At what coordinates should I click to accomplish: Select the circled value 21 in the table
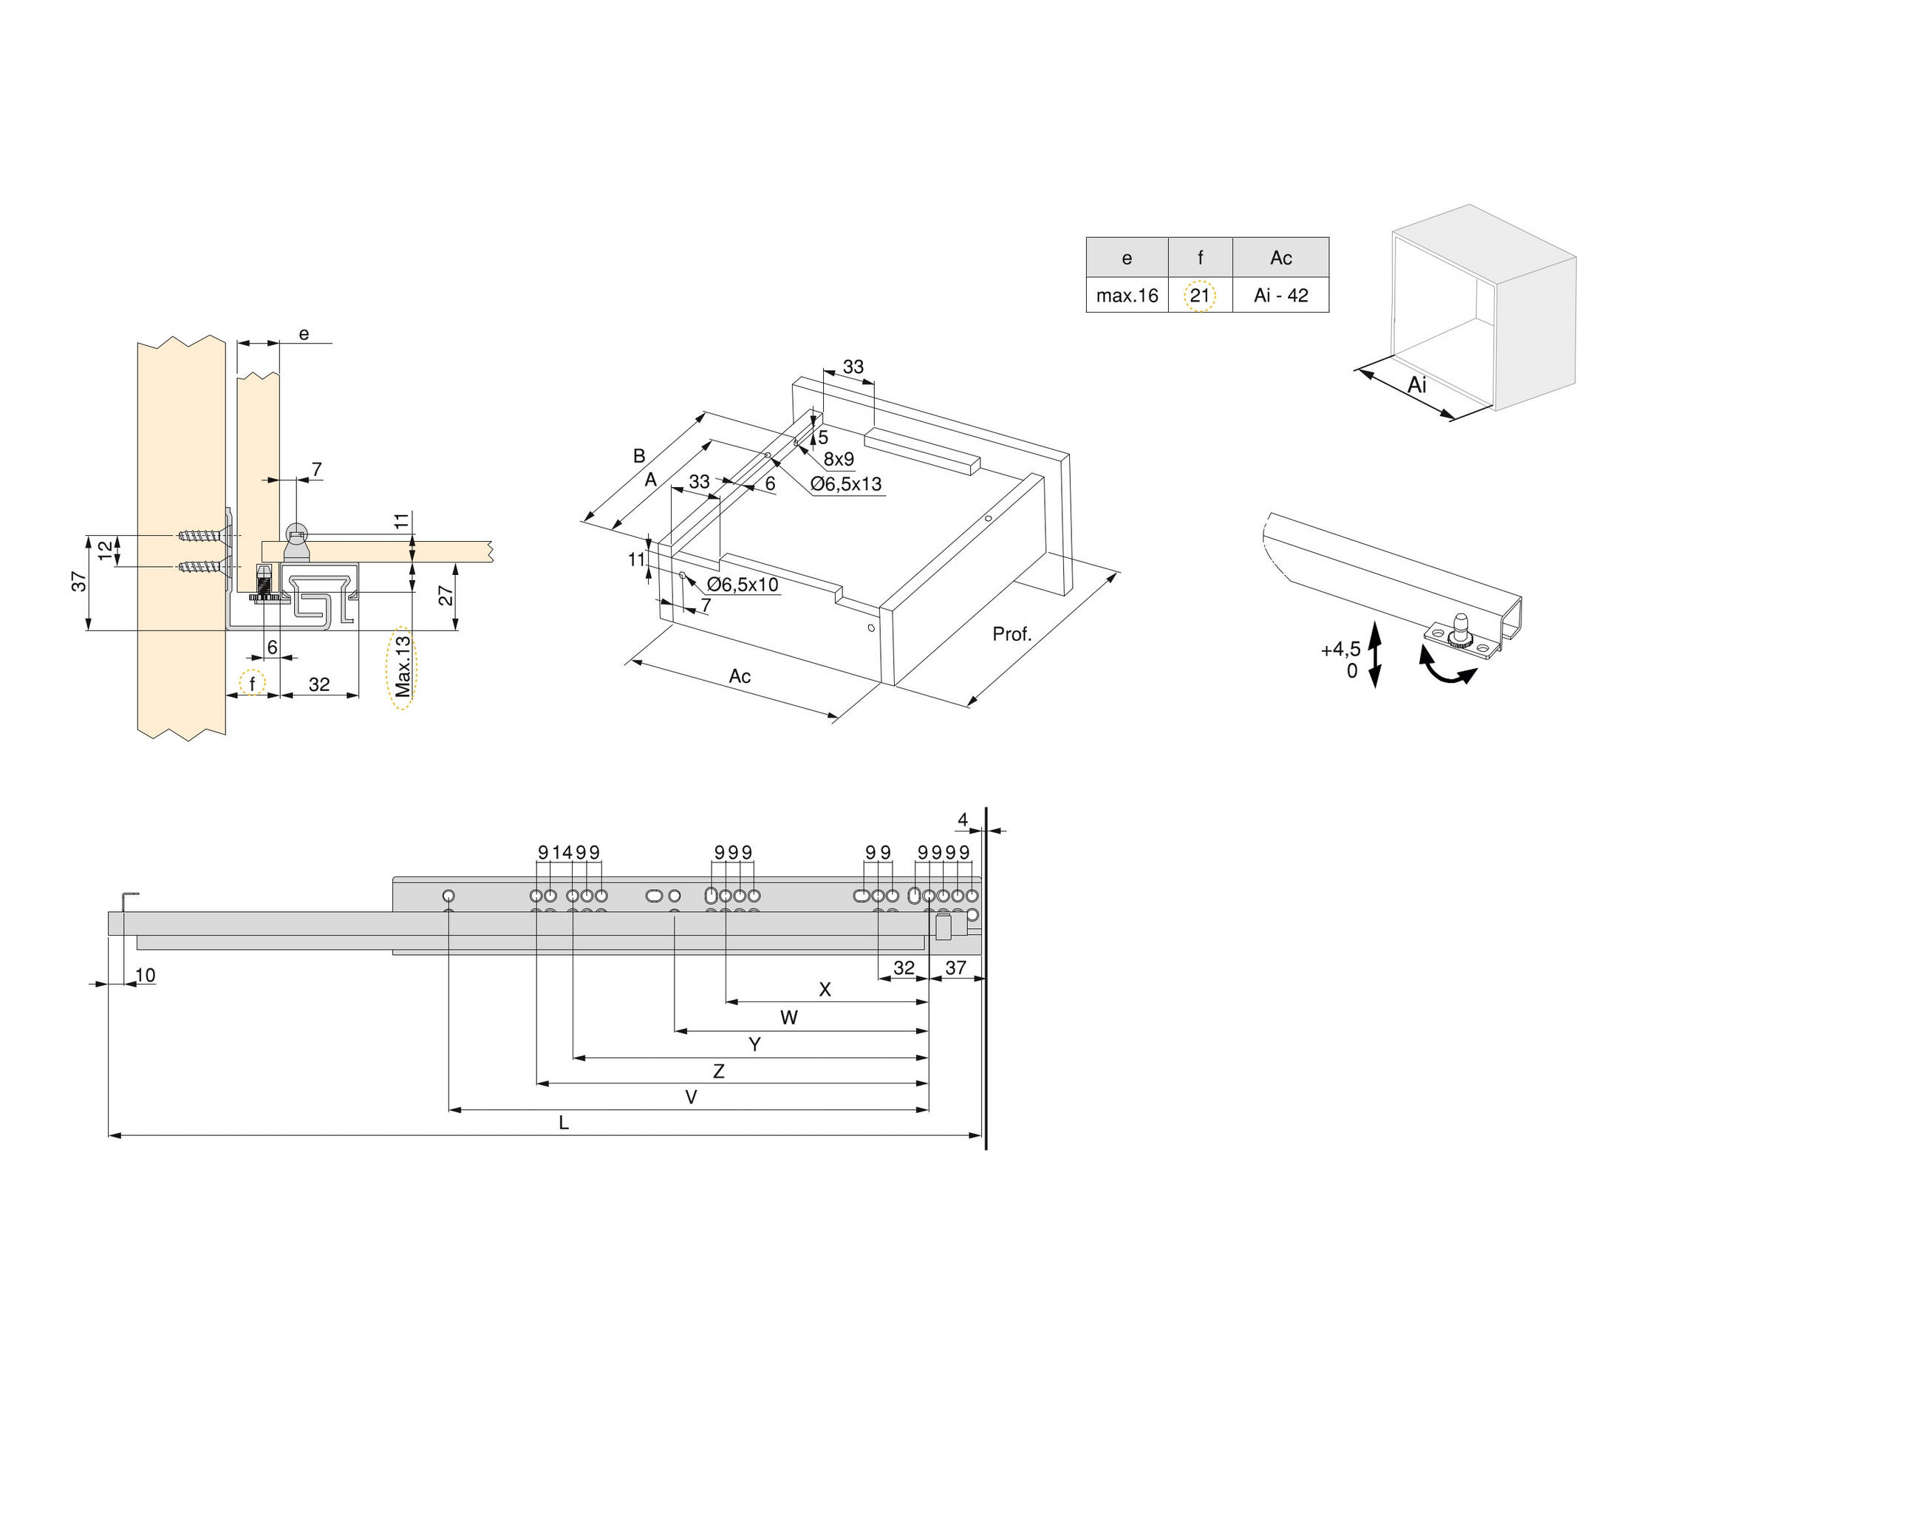pos(1199,295)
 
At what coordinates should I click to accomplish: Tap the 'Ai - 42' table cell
pos(1280,296)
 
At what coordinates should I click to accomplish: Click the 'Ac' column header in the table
pos(1280,257)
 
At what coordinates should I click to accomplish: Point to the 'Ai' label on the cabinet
pos(1416,385)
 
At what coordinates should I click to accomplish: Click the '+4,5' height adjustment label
pos(1340,649)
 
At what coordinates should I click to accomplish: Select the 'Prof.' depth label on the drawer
pos(1011,634)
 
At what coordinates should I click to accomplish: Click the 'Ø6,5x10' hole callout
pos(743,585)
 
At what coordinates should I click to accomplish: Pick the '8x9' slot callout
pos(839,460)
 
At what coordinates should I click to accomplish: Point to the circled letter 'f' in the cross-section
pos(252,684)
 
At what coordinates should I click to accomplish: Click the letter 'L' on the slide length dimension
pos(563,1123)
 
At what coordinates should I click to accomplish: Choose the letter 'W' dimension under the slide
pos(788,1018)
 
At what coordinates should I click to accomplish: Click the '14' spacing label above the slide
pos(562,853)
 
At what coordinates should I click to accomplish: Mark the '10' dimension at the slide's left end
pos(146,975)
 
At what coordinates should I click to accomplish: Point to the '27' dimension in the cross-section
pos(446,594)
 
